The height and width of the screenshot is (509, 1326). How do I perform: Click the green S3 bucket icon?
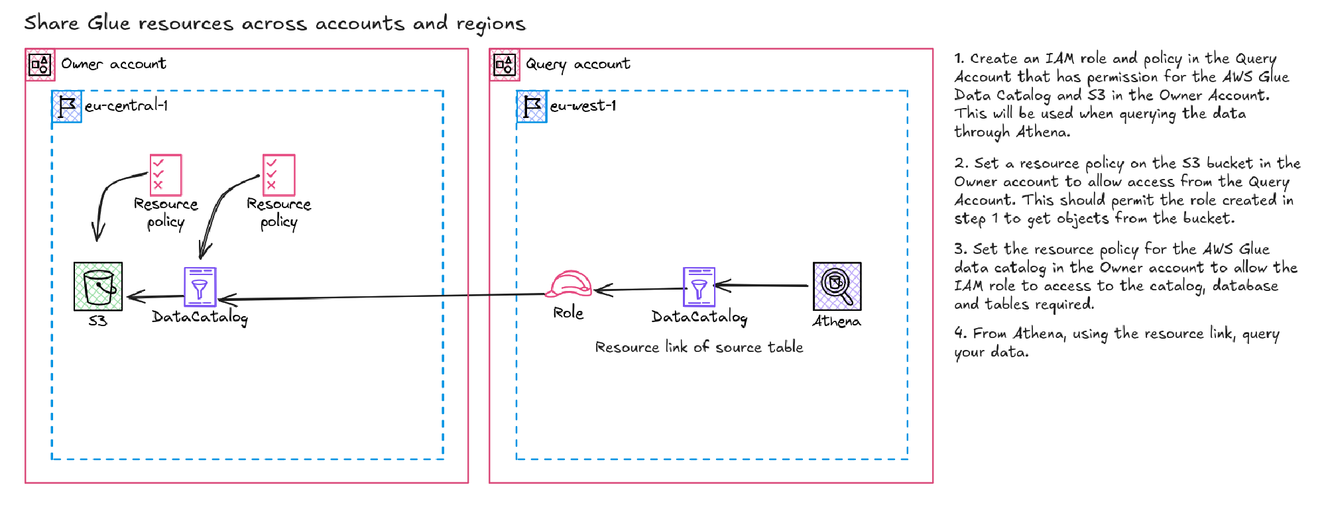[98, 286]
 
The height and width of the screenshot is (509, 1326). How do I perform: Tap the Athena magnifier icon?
[837, 286]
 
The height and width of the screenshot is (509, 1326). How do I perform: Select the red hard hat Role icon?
[569, 285]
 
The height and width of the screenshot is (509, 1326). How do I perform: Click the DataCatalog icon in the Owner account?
[200, 286]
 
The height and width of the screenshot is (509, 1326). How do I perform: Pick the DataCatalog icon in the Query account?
[699, 286]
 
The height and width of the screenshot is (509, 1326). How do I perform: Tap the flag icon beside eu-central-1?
[67, 107]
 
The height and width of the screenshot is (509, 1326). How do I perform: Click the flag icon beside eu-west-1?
[532, 107]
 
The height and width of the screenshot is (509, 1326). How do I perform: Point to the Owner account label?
[113, 64]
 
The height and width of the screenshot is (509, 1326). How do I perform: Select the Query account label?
[577, 64]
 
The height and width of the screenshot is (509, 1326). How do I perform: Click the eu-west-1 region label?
[583, 106]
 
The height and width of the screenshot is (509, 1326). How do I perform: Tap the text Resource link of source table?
[699, 347]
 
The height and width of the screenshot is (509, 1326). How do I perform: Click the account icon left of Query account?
[505, 65]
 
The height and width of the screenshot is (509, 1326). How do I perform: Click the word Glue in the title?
[109, 23]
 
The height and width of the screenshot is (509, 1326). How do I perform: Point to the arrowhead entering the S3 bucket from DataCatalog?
[133, 297]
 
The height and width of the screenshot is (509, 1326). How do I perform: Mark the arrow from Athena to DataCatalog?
[762, 286]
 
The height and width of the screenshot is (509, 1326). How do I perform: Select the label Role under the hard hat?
[568, 313]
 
